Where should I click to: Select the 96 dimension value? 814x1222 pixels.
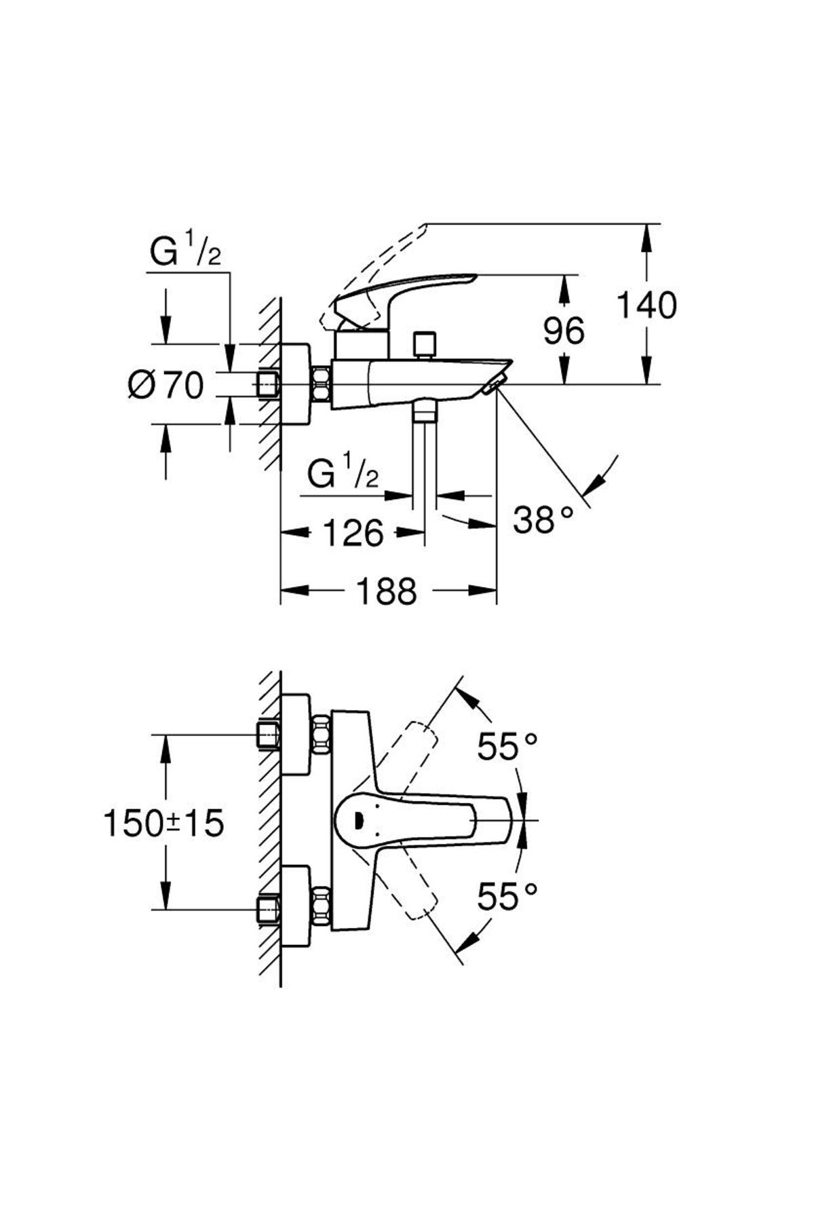564,331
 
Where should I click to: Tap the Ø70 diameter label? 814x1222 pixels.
166,386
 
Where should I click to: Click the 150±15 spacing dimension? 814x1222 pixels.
163,823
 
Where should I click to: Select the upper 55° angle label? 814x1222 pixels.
507,747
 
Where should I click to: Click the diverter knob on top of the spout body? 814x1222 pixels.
425,344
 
